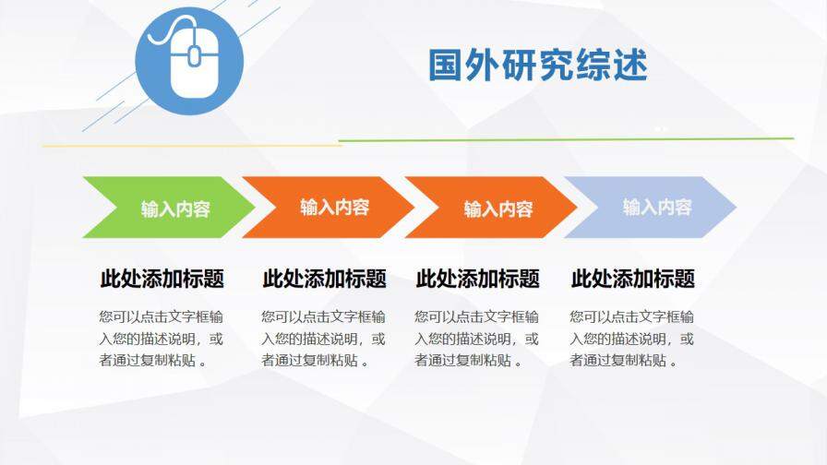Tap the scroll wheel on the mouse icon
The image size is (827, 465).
[194, 56]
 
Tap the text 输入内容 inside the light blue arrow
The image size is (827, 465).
[656, 207]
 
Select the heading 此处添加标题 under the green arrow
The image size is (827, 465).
[162, 279]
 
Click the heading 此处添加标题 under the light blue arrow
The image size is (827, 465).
[632, 279]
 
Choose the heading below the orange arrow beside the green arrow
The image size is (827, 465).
[324, 279]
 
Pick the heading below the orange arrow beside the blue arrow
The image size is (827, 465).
[477, 279]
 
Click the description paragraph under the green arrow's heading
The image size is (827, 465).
[162, 338]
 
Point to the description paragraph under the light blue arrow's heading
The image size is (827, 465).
[632, 338]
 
